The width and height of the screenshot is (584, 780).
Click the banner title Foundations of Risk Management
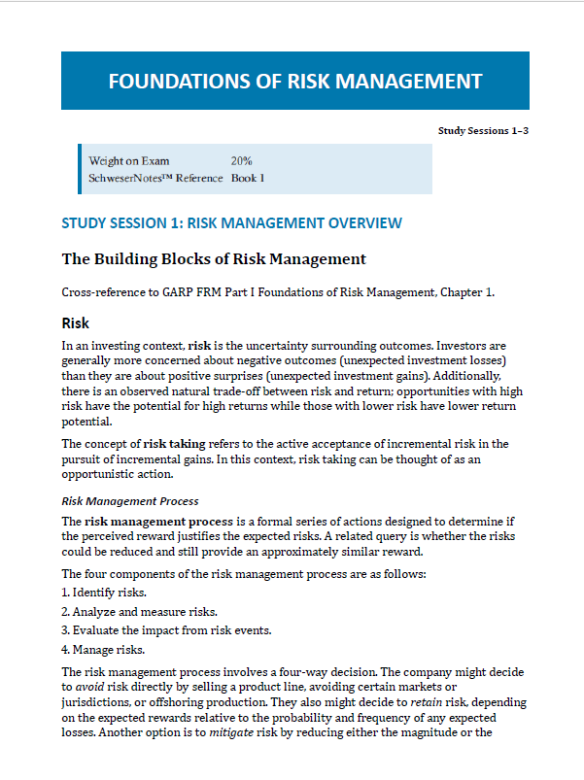294,81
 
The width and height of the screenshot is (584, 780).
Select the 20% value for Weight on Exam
242,161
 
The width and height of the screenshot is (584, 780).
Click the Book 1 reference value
248,178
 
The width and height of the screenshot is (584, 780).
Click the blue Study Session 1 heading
231,223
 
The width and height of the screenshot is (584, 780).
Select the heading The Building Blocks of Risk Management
214,258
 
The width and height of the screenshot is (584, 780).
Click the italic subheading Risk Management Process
130,501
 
